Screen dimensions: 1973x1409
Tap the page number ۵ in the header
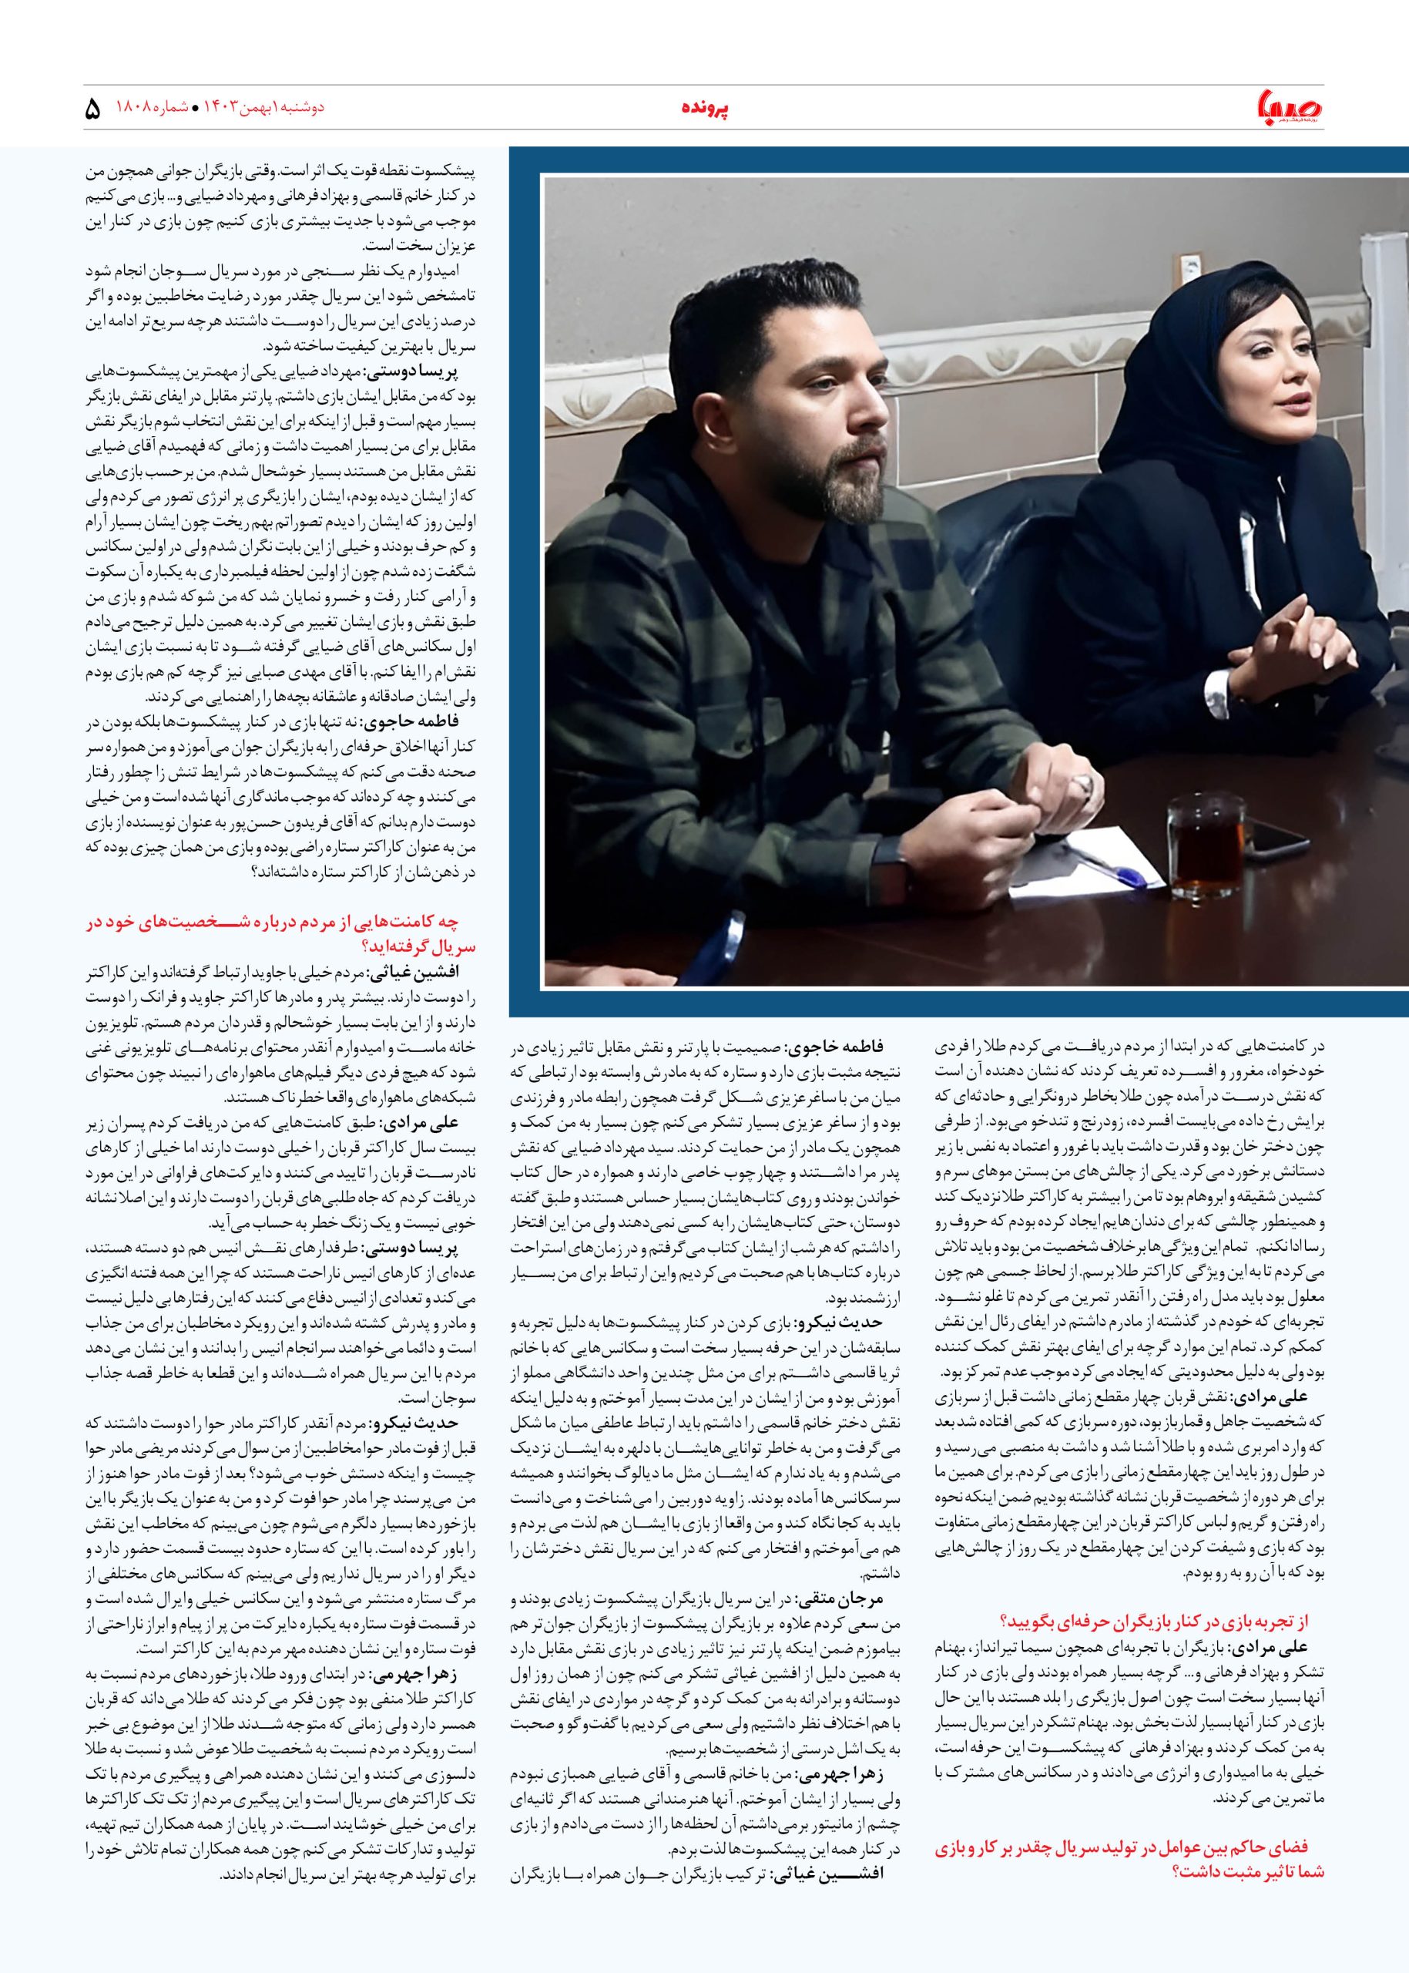click(94, 110)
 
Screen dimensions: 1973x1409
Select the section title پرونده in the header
click(703, 109)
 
